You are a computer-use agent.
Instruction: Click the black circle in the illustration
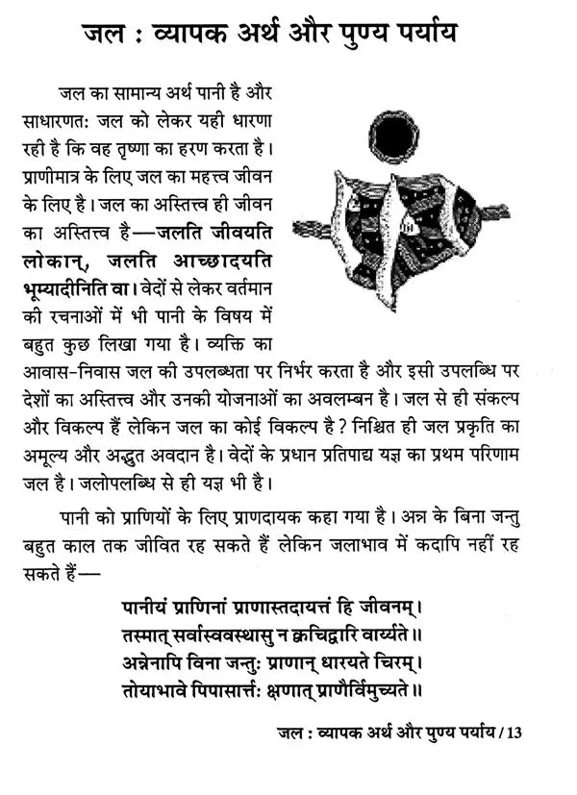(x=394, y=137)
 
